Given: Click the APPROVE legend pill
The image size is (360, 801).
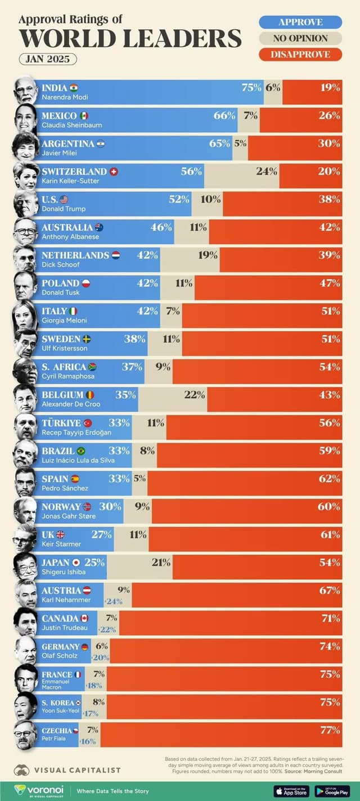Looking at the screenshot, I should coord(300,22).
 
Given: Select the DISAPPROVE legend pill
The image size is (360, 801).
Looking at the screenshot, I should coord(300,55).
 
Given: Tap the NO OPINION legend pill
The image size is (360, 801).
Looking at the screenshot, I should coord(300,38).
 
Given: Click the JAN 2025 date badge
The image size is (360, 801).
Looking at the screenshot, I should coord(48,59).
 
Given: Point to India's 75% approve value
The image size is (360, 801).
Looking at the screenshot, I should coord(251,87).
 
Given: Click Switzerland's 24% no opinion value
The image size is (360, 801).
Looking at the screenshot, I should coord(267,171).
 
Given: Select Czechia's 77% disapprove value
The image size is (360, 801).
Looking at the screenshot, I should coord(330,730).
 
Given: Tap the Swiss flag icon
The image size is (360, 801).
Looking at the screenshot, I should coord(114,171).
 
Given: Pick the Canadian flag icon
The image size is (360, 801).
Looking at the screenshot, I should coord(84,618).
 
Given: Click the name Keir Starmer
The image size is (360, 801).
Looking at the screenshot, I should coord(61,544).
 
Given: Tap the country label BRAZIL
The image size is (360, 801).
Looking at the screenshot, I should coord(58,451).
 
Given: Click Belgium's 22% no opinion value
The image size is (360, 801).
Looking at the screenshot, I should coord(194,394).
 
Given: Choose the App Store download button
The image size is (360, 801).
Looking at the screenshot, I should coord(291,791).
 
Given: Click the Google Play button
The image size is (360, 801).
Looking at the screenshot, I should coord(332,791).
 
